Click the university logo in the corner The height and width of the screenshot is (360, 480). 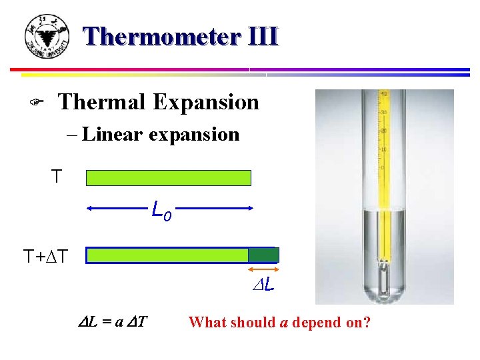(x=47, y=37)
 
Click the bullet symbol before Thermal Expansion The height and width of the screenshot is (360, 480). (x=38, y=103)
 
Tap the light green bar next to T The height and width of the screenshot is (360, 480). (x=169, y=178)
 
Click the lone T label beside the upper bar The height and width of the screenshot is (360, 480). (x=57, y=177)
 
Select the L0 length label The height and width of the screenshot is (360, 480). (x=161, y=211)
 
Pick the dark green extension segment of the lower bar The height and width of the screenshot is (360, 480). (x=263, y=255)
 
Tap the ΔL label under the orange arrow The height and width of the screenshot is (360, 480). (x=265, y=286)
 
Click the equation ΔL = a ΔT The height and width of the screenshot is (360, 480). (x=113, y=323)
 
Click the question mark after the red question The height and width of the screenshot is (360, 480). (x=367, y=323)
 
